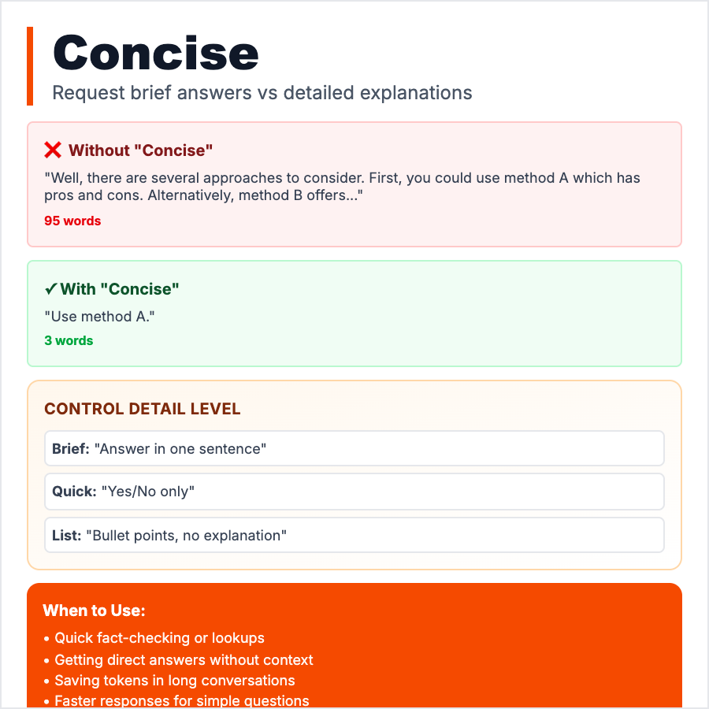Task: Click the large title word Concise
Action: (x=155, y=53)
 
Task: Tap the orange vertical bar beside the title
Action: (x=30, y=66)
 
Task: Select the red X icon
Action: (x=53, y=150)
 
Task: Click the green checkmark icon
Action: (x=50, y=289)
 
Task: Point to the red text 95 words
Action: (x=72, y=221)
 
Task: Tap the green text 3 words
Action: (x=69, y=340)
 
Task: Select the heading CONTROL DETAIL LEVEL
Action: (x=142, y=409)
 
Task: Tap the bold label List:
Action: (x=67, y=536)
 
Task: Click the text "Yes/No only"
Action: (x=148, y=492)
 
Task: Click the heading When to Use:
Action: (x=94, y=611)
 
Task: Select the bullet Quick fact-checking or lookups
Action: (x=159, y=638)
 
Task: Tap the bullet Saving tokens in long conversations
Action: (x=175, y=681)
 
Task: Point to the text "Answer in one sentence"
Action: (x=180, y=449)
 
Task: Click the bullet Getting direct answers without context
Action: (x=184, y=659)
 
